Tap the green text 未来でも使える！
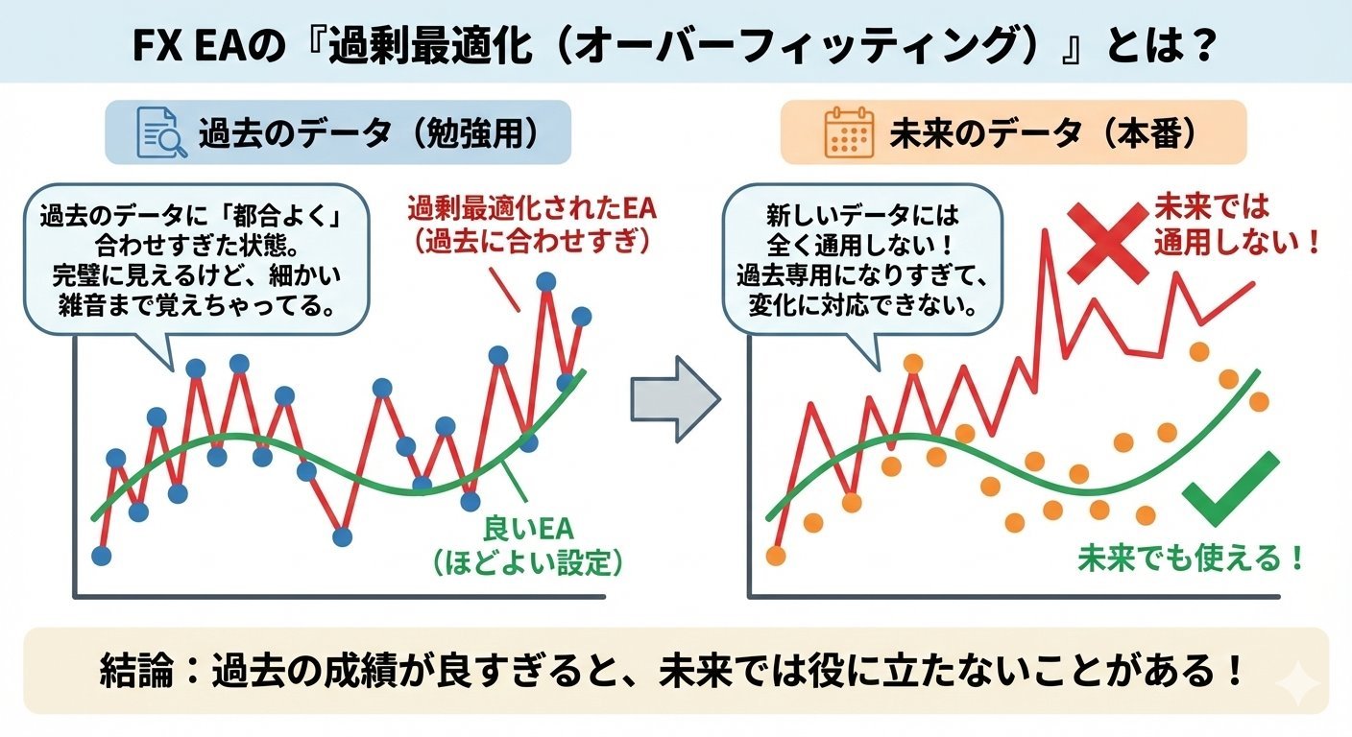1192,557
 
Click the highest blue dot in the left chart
546,281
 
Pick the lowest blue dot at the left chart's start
101,555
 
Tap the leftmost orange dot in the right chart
776,555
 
